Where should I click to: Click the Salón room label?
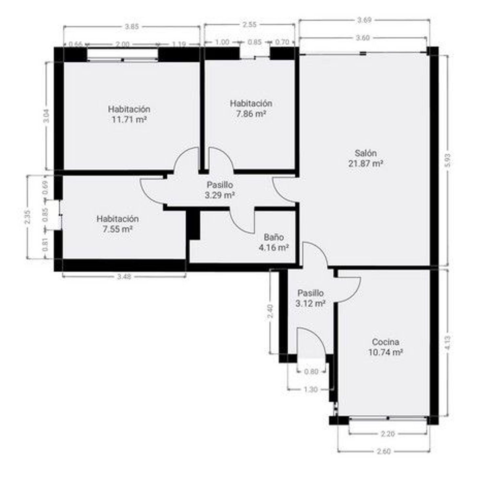click(365, 153)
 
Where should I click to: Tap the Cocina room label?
click(385, 342)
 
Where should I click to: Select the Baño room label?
click(274, 237)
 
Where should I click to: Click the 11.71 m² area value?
click(129, 120)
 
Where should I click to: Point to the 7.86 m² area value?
click(251, 114)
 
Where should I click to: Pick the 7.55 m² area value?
click(117, 229)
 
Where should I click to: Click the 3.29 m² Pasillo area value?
click(220, 195)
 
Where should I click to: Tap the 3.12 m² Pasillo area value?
click(310, 304)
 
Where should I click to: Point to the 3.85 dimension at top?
click(132, 27)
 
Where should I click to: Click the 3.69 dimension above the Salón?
click(364, 20)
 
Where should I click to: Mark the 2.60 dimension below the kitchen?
click(384, 451)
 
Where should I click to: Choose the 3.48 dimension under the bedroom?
click(124, 277)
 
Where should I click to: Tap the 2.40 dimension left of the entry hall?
click(270, 311)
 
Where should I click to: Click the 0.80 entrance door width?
click(311, 372)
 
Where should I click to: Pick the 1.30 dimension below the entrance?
click(311, 390)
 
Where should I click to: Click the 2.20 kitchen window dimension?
click(388, 434)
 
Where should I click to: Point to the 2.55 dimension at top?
click(249, 25)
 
